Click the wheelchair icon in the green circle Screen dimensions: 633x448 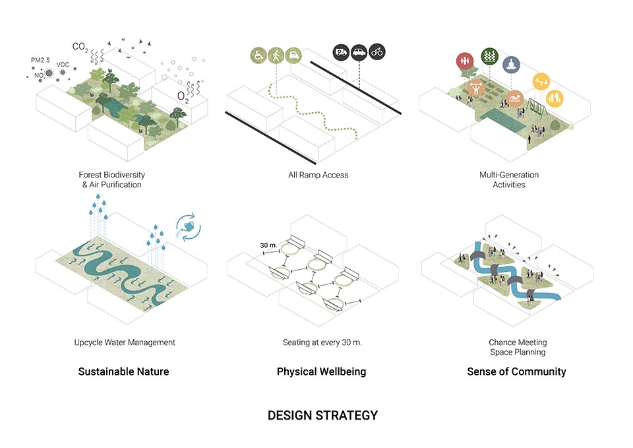258,55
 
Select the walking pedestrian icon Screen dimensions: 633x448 276,55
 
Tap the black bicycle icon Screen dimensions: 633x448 377,51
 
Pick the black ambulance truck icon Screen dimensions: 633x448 341,52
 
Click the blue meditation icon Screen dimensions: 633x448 511,65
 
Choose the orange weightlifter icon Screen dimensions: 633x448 476,88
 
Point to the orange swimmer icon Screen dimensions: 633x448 515,98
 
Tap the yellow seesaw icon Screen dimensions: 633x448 541,82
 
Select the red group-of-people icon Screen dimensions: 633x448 465,61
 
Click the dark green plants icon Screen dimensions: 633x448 490,56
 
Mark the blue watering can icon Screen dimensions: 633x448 189,227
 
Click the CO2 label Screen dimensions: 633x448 80,48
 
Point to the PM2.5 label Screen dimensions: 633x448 40,60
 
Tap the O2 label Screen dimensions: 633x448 183,97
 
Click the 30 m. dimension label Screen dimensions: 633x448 268,245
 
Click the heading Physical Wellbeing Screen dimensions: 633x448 321,371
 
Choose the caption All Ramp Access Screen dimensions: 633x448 318,175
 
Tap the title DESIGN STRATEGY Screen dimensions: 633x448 322,415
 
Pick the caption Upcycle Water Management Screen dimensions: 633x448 125,342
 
